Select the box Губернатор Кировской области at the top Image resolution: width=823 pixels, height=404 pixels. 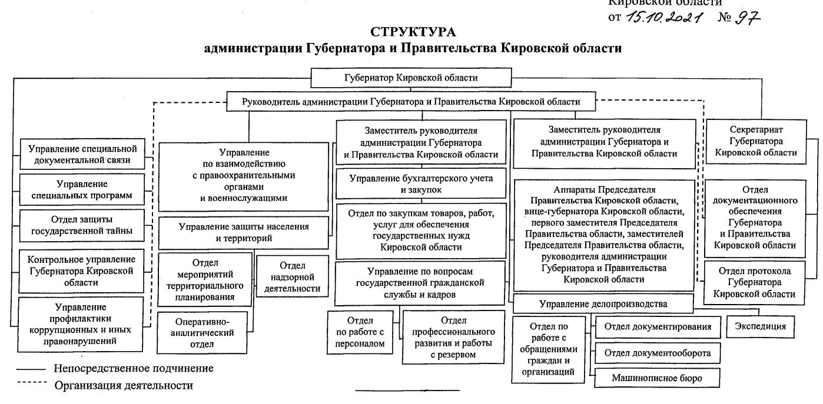point(410,78)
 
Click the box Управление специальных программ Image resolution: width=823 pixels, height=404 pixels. point(82,189)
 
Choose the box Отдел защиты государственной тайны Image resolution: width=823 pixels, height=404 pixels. point(82,225)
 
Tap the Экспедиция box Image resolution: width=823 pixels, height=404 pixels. point(760,326)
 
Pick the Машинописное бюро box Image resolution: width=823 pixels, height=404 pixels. point(657,378)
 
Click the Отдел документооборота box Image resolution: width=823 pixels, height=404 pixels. point(657,353)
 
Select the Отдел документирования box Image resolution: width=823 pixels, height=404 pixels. point(657,327)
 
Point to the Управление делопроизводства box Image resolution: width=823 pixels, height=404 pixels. point(603,303)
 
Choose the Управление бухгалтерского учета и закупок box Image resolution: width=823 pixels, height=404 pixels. point(421,184)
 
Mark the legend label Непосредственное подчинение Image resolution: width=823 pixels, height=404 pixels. point(134,369)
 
